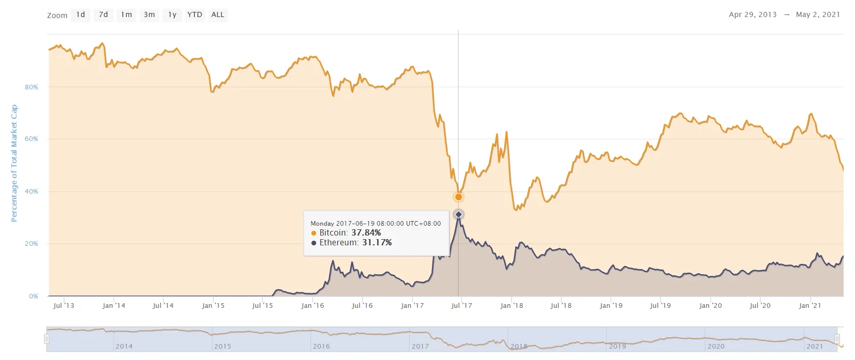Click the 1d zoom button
click(81, 15)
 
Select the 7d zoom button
click(103, 15)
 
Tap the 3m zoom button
click(149, 15)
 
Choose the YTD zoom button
click(195, 15)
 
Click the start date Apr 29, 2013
click(753, 14)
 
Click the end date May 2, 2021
click(818, 14)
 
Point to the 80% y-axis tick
click(32, 87)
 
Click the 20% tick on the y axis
click(32, 244)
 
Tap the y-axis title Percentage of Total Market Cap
click(14, 163)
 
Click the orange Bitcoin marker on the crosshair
click(458, 197)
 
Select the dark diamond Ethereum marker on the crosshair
click(458, 214)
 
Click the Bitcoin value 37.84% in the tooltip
click(366, 233)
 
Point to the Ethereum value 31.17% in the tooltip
click(377, 242)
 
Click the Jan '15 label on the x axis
click(213, 306)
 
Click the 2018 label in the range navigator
click(519, 346)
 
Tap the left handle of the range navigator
click(46, 339)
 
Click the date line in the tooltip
click(376, 224)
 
